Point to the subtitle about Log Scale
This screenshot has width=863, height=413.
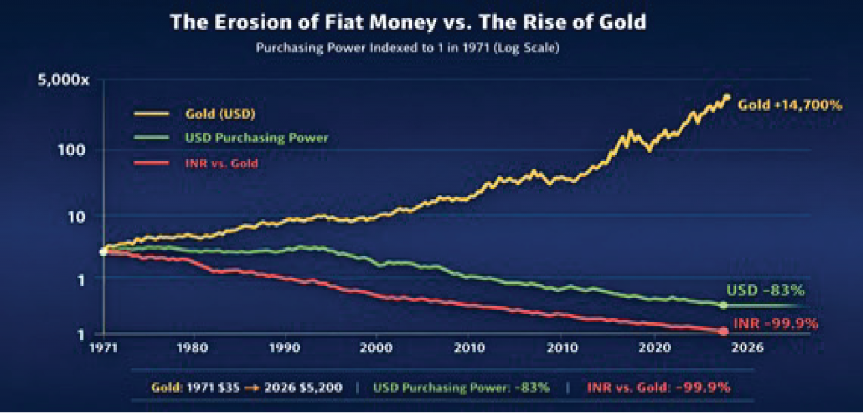(x=407, y=48)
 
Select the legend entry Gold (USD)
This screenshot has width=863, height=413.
(x=220, y=114)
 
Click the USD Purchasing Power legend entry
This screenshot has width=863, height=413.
(x=256, y=138)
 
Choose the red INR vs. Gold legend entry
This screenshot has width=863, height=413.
(x=221, y=163)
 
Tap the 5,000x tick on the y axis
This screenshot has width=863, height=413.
(x=63, y=80)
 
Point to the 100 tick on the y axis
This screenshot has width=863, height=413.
(x=71, y=150)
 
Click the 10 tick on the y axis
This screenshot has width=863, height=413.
(x=76, y=217)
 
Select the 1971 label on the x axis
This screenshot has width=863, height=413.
(x=103, y=348)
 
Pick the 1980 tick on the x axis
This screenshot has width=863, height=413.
(x=192, y=348)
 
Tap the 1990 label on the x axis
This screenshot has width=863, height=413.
(x=284, y=348)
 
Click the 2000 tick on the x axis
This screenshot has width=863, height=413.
(x=376, y=348)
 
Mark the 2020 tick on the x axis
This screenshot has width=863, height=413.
(x=655, y=348)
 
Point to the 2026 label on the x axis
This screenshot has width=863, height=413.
(x=747, y=348)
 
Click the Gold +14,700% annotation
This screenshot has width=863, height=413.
(x=790, y=105)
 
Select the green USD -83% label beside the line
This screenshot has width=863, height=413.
(x=765, y=291)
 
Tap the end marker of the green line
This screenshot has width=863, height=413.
(x=723, y=305)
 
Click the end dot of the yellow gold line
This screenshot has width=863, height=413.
(x=727, y=98)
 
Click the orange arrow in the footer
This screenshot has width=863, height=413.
(x=252, y=388)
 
